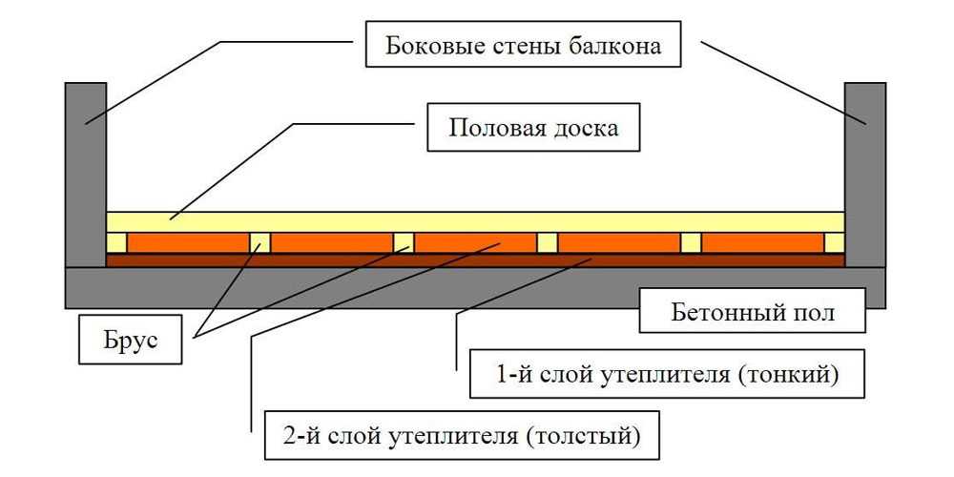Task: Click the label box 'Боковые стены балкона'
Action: [523, 45]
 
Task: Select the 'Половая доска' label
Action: [533, 128]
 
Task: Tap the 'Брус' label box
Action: [130, 341]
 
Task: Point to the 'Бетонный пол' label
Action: [752, 311]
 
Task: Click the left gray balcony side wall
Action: [86, 175]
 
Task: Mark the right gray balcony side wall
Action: [864, 175]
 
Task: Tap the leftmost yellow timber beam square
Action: [116, 242]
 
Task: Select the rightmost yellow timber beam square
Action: [834, 242]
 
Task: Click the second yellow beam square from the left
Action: [259, 242]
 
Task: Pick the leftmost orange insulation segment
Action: [189, 242]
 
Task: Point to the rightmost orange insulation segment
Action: [762, 242]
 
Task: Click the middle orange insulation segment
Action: [475, 242]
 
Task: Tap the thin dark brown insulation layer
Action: [475, 260]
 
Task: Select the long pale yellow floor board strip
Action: [475, 222]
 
